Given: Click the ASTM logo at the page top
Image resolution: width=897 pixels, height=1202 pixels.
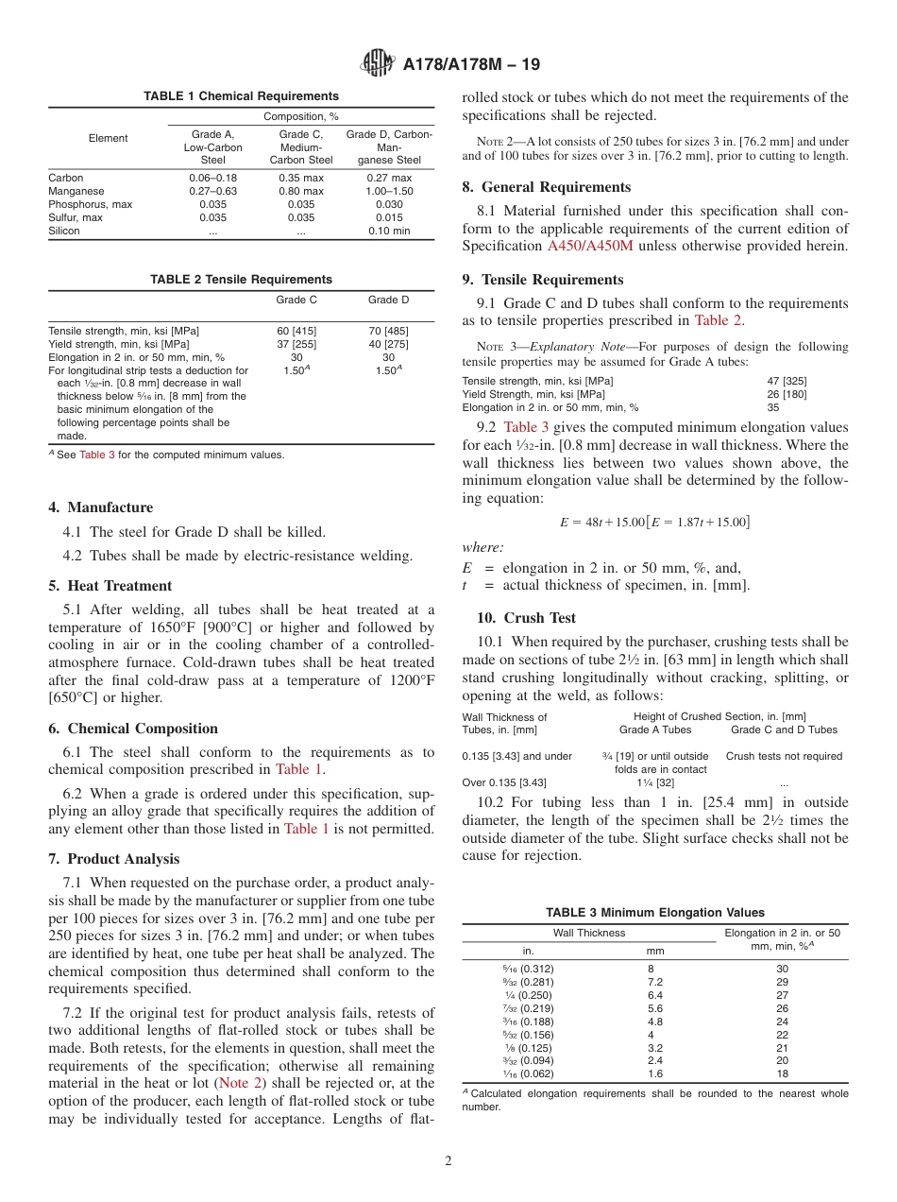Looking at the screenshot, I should (378, 64).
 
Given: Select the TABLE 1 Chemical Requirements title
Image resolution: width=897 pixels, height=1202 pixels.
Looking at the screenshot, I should (241, 96).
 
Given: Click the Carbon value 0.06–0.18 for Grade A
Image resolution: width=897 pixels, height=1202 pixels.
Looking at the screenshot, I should (212, 178).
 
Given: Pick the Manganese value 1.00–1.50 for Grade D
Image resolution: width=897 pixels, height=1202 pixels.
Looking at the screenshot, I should (389, 191).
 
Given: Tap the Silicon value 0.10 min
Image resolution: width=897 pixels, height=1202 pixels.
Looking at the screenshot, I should (389, 231).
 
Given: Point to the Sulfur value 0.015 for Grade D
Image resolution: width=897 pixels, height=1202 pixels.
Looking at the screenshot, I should (389, 217).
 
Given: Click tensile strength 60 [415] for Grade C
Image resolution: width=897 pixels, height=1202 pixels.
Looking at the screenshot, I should (296, 331).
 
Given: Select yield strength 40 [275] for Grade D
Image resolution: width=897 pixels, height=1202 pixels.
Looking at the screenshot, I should (388, 344).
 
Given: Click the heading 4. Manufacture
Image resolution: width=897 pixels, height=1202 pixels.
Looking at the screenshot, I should (100, 507).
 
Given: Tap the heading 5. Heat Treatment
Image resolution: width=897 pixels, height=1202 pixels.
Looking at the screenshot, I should (110, 586).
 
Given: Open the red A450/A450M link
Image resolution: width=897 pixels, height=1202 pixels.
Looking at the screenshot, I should (590, 247).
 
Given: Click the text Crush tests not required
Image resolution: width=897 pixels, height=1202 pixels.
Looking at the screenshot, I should (784, 756).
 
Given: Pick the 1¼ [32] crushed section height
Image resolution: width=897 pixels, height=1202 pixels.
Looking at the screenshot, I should (655, 782).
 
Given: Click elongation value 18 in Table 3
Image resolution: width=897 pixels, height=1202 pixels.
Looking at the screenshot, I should (782, 1074).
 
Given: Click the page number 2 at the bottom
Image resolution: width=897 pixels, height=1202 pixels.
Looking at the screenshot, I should (448, 1161).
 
